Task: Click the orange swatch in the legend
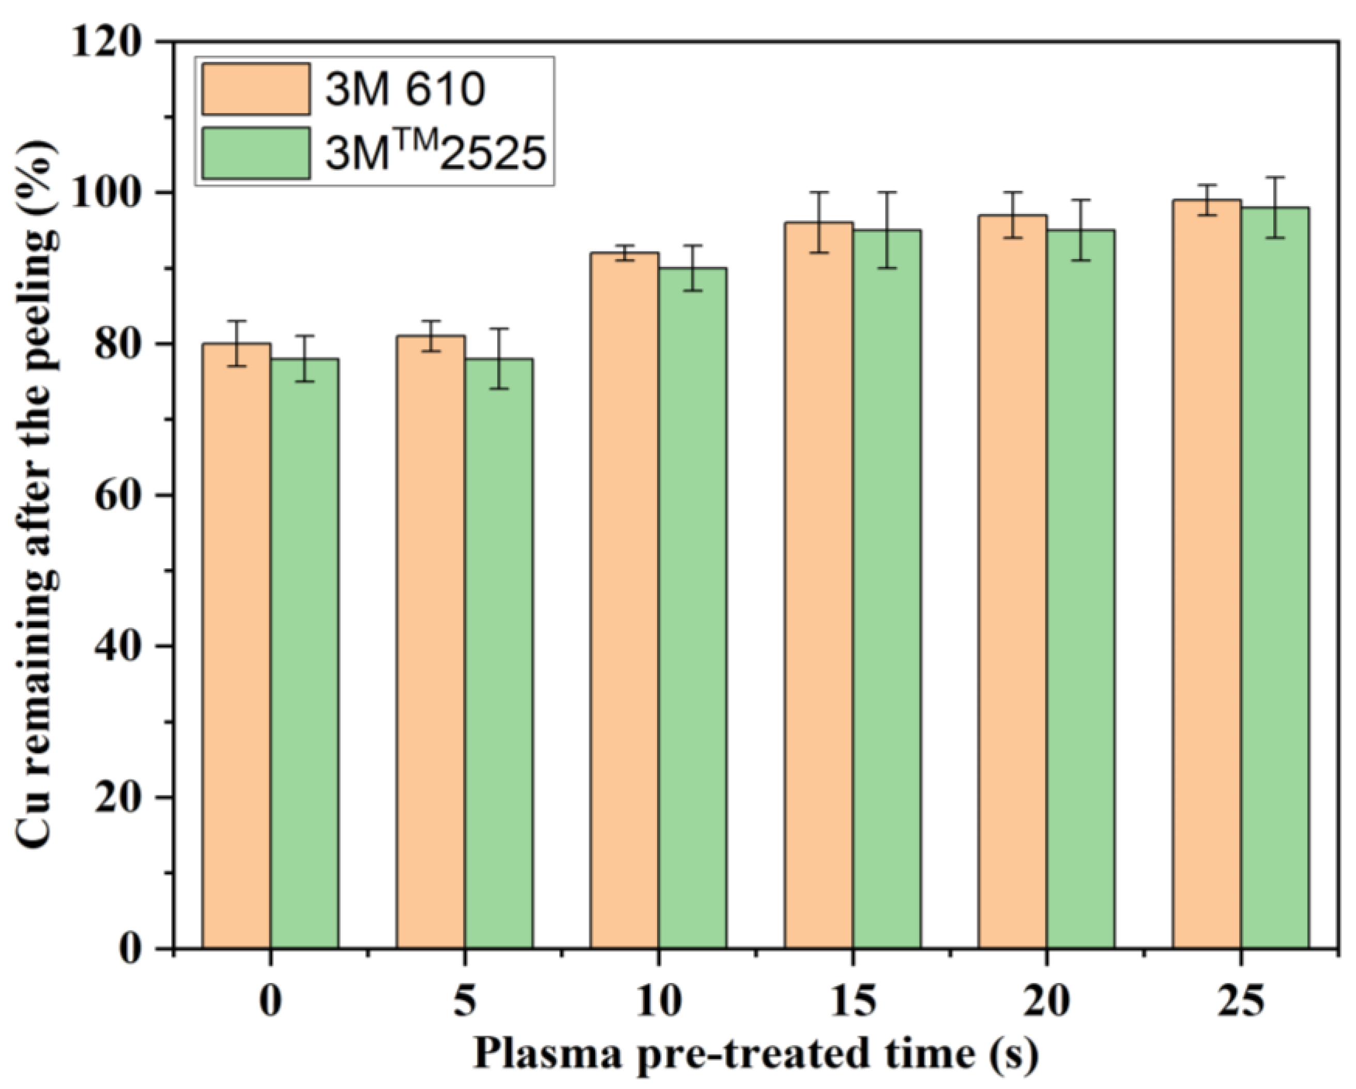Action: [256, 89]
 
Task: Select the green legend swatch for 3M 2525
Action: [256, 154]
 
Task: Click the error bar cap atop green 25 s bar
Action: [1275, 177]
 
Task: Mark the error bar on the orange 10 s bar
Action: [624, 253]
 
